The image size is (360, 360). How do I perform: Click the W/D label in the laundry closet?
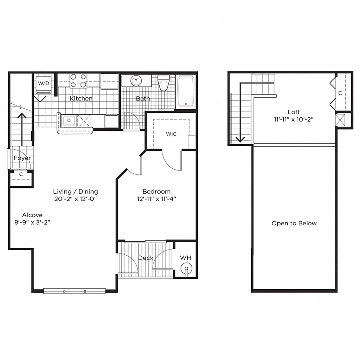44,83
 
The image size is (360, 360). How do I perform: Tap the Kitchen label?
81,98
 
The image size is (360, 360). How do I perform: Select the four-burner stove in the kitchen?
78,80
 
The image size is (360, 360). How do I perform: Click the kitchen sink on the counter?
68,121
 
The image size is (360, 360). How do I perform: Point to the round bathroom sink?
136,81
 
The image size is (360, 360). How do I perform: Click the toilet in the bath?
163,83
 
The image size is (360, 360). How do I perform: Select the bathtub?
185,91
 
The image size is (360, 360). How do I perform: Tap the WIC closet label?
171,134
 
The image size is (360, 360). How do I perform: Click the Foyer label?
22,158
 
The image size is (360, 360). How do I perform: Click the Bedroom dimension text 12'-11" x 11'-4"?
156,199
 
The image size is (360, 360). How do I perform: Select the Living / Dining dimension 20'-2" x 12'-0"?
75,199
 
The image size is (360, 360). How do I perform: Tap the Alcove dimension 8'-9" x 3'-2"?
32,222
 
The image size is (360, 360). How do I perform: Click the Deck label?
146,258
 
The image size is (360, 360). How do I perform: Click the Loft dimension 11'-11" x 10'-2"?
294,119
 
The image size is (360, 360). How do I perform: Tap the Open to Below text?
294,223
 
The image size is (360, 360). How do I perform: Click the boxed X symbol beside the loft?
340,120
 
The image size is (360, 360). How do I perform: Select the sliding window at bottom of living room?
75,291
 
